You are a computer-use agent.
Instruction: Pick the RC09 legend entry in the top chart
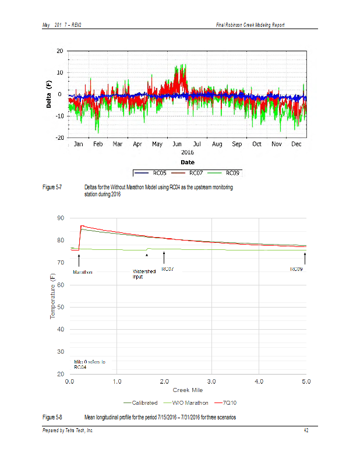click(232, 173)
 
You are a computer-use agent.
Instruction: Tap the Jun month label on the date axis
click(178, 144)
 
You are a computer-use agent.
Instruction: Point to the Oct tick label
click(257, 144)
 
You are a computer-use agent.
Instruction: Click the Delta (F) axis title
click(50, 94)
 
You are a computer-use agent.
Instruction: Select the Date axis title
click(188, 163)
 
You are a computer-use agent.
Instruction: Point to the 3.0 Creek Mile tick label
click(212, 382)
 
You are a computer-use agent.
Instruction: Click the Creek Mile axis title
click(188, 390)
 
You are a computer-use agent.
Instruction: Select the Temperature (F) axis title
click(52, 296)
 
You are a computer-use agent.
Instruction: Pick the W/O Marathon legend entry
click(190, 403)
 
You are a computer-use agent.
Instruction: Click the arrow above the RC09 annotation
click(305, 260)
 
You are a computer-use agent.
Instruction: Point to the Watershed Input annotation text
click(144, 274)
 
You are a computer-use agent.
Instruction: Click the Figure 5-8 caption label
click(52, 418)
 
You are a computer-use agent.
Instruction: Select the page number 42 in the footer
click(306, 430)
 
